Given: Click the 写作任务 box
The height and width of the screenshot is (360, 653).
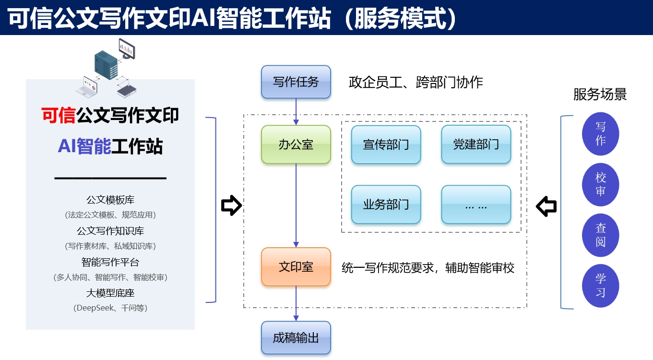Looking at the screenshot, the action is coord(296,82).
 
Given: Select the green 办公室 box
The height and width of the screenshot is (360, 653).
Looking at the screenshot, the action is coord(296,144).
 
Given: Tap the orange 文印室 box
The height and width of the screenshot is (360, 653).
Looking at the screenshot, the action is coord(296,267).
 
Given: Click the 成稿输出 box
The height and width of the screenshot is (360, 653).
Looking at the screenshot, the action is coord(296,338).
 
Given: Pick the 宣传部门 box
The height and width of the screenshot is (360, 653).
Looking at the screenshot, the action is coord(386,144).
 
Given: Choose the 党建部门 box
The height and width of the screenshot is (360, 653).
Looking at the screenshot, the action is coord(476,144).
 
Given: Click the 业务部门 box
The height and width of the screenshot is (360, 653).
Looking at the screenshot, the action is coord(386,204).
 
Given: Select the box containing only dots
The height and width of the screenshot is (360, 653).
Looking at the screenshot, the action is coord(476,204).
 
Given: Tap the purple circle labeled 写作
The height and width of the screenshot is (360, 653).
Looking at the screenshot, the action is coord(601,134).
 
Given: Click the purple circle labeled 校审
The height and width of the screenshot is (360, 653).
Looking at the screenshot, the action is coord(601,184).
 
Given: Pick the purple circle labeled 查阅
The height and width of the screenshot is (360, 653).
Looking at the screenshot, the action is coord(601,235).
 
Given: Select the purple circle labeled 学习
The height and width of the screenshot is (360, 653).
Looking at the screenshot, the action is coord(601,286).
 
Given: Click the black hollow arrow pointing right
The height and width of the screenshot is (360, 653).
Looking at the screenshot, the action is coord(231,205).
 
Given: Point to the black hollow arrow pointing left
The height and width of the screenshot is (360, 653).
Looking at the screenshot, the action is coord(546,206).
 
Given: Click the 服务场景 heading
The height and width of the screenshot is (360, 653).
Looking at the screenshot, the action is coord(600,94).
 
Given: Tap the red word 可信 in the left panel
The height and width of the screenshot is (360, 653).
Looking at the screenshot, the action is coord(59,116).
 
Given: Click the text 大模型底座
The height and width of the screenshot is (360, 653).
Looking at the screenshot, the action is coord(110,293).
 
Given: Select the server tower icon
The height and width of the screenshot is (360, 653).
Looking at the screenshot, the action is coord(106,65).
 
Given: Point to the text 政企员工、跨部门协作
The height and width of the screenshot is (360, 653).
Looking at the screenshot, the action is coord(416,82).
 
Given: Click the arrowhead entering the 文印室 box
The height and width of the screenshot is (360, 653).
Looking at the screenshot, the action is coord(296,244).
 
